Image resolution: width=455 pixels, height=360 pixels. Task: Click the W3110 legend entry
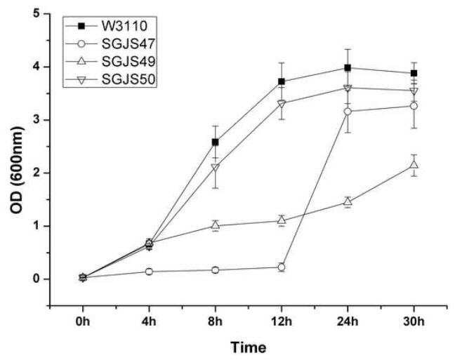(x=124, y=26)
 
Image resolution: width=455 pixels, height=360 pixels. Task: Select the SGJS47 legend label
(x=128, y=44)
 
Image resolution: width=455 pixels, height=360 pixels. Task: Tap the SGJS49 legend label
(x=128, y=62)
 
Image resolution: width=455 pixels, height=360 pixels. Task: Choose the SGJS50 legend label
(x=128, y=79)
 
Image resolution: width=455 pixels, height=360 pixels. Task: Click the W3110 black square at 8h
(x=216, y=142)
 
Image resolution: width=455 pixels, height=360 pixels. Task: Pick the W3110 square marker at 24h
(x=348, y=68)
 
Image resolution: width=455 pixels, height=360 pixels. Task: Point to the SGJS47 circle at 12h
(x=281, y=267)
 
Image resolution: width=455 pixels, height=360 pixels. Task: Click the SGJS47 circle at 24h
(x=348, y=112)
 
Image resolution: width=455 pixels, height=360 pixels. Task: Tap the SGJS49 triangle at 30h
(x=414, y=165)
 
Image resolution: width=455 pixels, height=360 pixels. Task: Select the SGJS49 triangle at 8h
(x=216, y=225)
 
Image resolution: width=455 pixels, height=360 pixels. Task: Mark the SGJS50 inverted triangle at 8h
(x=216, y=168)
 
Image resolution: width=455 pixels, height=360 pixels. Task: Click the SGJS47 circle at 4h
(x=149, y=272)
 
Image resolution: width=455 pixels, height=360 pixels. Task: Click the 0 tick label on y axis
(x=37, y=279)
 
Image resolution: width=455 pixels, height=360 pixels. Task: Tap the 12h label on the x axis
(x=281, y=321)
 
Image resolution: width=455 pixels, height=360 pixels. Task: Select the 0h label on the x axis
(x=83, y=321)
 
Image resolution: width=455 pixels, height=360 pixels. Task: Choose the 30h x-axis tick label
(x=414, y=321)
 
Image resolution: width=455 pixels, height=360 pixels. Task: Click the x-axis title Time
(x=249, y=347)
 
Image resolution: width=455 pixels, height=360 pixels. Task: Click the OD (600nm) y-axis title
(x=17, y=171)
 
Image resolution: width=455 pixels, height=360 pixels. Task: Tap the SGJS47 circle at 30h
(x=414, y=106)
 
